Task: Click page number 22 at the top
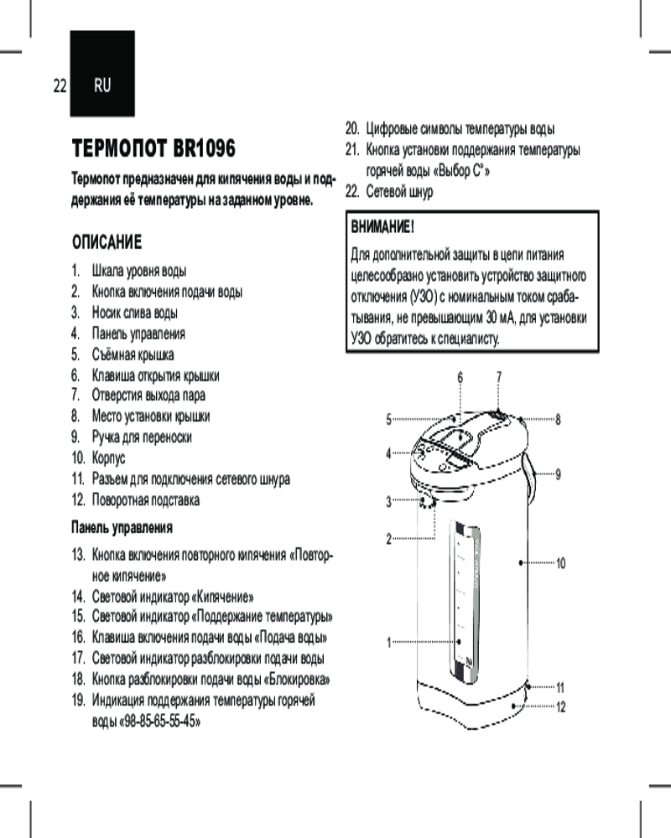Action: tap(59, 85)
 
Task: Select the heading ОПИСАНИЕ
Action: tap(107, 242)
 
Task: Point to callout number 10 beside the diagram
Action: tap(561, 563)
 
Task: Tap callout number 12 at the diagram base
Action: tap(561, 706)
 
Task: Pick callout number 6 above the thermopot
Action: tap(460, 376)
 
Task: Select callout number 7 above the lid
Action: tap(499, 376)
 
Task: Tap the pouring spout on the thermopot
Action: tap(425, 502)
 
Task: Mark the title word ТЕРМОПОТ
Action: tap(117, 149)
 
